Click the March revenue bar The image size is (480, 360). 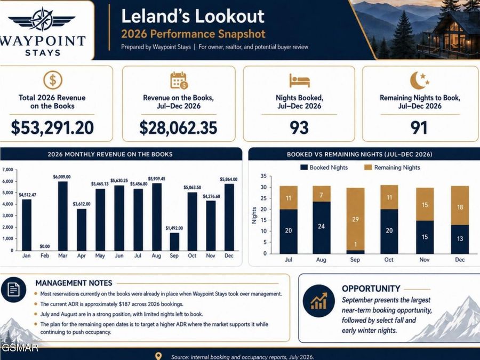tap(63, 216)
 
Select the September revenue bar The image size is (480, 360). tap(174, 242)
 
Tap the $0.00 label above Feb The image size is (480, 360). tap(45, 246)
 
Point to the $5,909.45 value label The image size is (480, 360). tap(156, 179)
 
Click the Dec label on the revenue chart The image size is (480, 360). tap(229, 255)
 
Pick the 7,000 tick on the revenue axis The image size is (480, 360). tap(8, 170)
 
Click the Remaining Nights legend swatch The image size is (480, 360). tap(368, 167)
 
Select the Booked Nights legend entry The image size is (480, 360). tap(324, 167)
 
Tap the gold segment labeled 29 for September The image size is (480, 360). tap(355, 219)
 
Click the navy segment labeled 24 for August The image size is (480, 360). tap(322, 227)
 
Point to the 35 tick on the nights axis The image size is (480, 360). tap(263, 176)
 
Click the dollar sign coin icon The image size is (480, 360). tap(53, 80)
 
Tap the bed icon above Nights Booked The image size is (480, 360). tap(299, 81)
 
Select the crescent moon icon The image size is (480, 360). tap(419, 80)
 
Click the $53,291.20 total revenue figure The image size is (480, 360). tap(52, 127)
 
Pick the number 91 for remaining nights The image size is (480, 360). tap(419, 127)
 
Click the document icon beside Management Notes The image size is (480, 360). tap(13, 290)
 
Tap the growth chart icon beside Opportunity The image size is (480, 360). tap(319, 301)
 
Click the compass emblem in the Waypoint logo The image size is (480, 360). tap(42, 19)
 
